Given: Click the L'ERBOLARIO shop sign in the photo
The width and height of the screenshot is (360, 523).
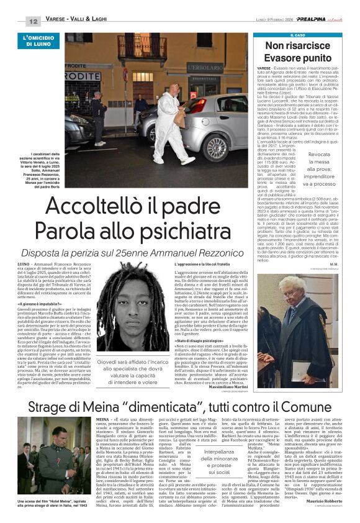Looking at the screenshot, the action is pos(206,67).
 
